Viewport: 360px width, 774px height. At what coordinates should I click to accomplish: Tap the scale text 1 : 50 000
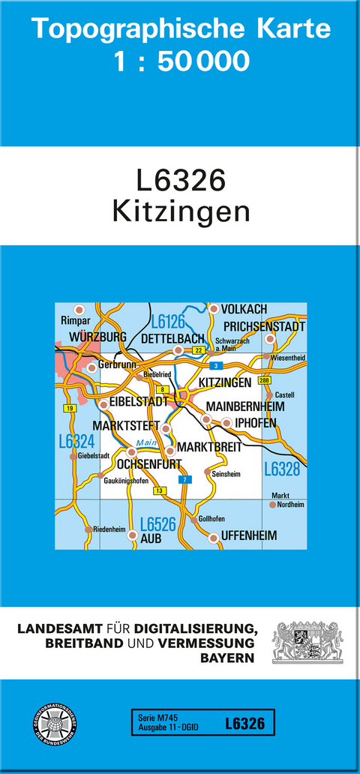click(x=181, y=61)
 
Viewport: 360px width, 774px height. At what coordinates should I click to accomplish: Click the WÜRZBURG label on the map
click(x=97, y=337)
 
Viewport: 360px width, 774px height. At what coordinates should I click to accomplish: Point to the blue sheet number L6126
click(x=168, y=322)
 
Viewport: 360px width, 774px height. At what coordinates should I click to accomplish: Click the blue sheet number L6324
click(x=76, y=443)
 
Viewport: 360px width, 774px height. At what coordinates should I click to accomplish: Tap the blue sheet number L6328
click(x=282, y=469)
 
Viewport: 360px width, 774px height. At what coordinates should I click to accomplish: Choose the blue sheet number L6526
click(x=157, y=524)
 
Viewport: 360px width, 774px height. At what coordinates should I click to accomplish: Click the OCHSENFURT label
click(x=145, y=462)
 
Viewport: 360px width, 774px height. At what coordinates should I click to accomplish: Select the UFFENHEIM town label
click(x=249, y=536)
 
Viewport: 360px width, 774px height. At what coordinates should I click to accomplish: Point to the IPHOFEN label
click(x=256, y=423)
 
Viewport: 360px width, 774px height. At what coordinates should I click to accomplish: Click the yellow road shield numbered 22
click(x=198, y=350)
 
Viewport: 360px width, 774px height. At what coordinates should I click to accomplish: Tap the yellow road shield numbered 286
click(x=264, y=381)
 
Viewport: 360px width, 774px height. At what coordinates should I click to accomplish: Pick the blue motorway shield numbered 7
click(x=181, y=478)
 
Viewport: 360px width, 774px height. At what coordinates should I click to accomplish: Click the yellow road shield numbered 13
click(x=159, y=490)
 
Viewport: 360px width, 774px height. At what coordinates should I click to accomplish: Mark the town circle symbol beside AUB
click(x=133, y=535)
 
